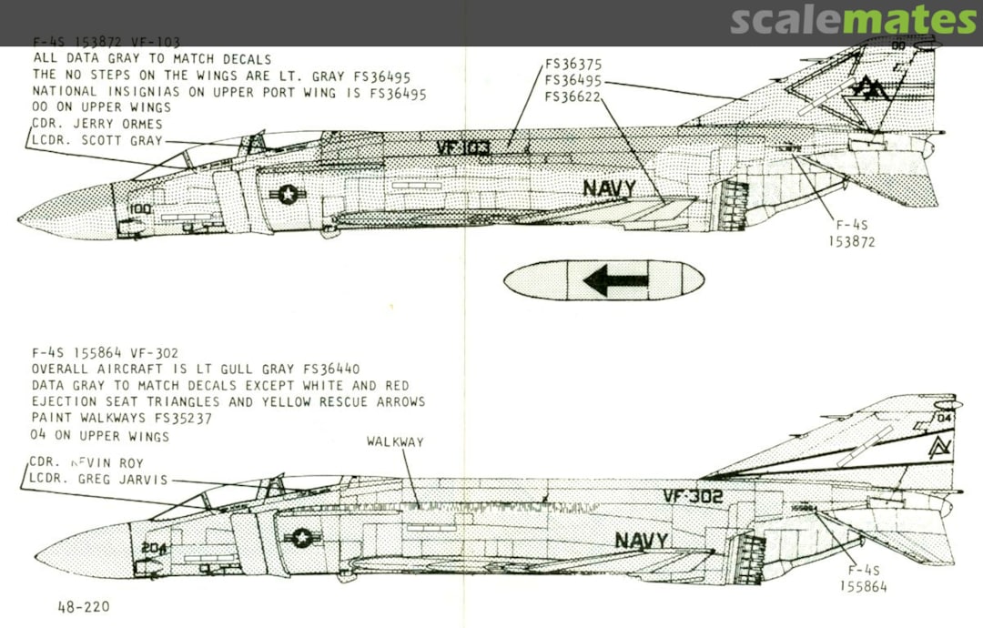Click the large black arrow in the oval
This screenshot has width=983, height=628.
coord(614,279)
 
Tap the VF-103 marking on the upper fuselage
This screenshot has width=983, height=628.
coord(462,148)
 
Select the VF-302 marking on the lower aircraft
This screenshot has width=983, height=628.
coord(693,496)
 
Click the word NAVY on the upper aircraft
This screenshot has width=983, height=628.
coord(609,189)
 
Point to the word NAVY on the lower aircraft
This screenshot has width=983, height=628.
coord(641,540)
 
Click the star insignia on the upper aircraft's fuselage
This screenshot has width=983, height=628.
coord(288,193)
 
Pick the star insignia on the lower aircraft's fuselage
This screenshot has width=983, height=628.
coord(300,538)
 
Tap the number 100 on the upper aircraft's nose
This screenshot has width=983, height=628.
coord(139,208)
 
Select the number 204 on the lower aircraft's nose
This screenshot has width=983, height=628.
coord(153,548)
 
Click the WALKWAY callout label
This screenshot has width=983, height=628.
coord(395,441)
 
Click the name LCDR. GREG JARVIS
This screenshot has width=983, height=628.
coord(99,479)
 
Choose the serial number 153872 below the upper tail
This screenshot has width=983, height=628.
coord(852,242)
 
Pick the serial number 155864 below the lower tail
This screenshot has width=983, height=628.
coord(863,587)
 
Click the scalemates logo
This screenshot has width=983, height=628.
coord(853,20)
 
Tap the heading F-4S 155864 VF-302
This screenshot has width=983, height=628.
coord(106,353)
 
